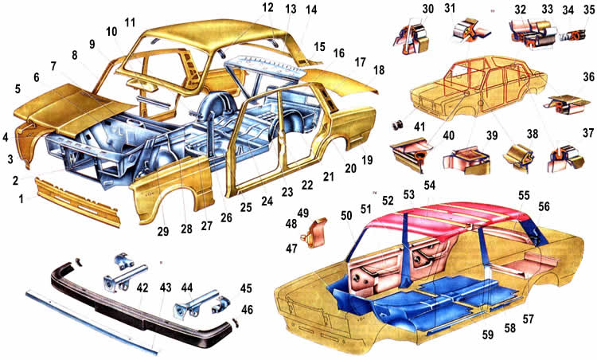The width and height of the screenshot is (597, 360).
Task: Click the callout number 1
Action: pos(21,198)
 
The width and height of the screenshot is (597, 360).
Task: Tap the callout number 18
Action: pos(379,70)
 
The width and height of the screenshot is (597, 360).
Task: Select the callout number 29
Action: pos(163,231)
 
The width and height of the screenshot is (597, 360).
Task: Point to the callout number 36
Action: pos(588,77)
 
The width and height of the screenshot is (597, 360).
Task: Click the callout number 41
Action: pos(419,126)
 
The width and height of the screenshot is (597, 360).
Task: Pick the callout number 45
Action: pos(246,288)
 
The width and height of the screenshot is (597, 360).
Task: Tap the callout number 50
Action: pos(346,216)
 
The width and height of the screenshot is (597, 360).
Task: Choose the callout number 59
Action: pos(488,335)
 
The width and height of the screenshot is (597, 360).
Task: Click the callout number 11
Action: pos(130,22)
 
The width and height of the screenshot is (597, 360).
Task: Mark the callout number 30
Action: pos(428,9)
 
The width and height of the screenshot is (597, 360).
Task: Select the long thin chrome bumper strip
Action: pos(92,323)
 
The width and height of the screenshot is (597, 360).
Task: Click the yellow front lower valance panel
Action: pos(78,201)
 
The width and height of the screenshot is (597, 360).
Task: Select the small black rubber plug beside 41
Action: pos(398,124)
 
